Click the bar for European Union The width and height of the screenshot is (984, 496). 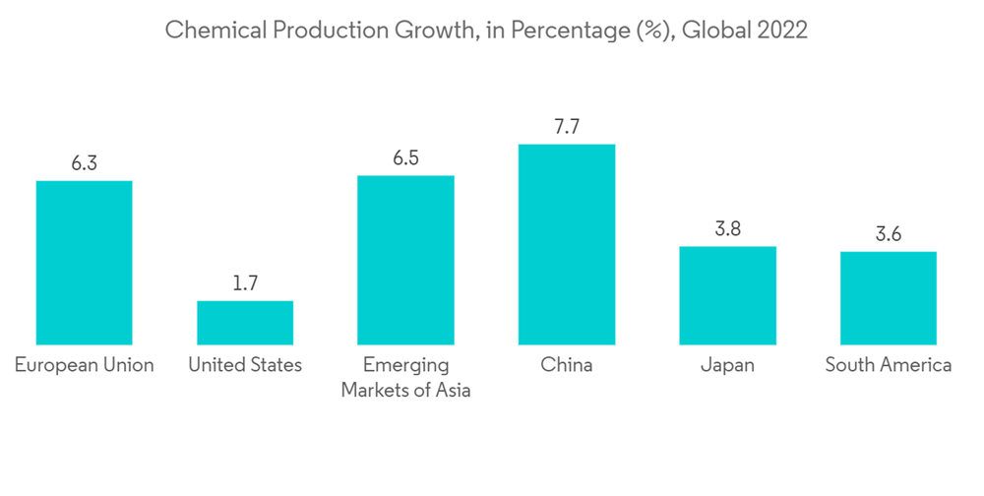coord(84,263)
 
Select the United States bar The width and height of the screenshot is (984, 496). coord(245,323)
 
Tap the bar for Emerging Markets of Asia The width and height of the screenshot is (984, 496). coord(405,260)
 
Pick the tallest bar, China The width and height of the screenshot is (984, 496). coord(567,244)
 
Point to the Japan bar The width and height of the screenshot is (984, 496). coord(727,295)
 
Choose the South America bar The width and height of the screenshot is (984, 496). coord(889,298)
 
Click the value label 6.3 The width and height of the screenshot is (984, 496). coord(84,163)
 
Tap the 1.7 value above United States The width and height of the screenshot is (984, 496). coord(245,283)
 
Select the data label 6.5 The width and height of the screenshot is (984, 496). coord(405,158)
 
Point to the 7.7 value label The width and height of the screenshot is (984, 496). coord(567,127)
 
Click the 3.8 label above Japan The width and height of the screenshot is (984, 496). coord(727,229)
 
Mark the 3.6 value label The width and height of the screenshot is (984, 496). coord(889,234)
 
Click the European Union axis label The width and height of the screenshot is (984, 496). coord(84,365)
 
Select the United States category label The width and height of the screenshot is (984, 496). coord(245,365)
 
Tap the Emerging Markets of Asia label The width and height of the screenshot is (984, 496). coord(405,378)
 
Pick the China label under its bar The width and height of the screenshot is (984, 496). coord(567,365)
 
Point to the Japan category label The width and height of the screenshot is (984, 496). coord(727,365)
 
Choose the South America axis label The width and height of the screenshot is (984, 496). coord(889,365)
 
